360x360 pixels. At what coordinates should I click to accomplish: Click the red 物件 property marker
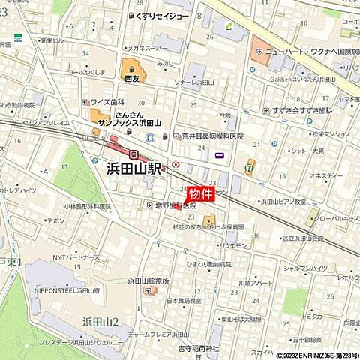[x=200, y=193]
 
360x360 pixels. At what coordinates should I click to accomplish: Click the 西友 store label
[x=131, y=77]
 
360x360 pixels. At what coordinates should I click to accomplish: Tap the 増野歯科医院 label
[x=175, y=205]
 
